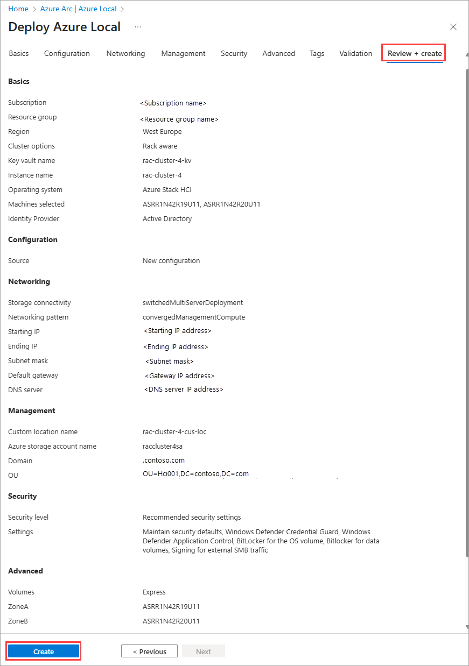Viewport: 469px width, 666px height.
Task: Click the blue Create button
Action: point(44,651)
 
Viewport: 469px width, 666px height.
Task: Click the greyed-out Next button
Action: point(203,651)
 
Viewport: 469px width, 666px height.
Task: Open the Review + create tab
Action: point(415,53)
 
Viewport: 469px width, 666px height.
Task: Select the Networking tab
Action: point(125,53)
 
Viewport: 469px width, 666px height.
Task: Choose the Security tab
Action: point(234,53)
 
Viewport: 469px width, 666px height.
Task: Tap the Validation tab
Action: point(355,53)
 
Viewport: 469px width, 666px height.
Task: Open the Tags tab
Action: point(317,53)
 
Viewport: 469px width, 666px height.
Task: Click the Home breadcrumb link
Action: point(18,9)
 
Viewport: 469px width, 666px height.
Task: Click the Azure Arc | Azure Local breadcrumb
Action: point(78,9)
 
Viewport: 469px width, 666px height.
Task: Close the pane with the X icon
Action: point(453,27)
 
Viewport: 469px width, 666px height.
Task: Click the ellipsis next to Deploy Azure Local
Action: point(138,26)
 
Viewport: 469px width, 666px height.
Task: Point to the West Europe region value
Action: point(162,132)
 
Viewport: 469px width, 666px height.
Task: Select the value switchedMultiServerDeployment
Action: point(193,303)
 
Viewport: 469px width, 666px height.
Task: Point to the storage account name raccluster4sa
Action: point(163,447)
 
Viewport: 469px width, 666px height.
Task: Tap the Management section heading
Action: point(32,410)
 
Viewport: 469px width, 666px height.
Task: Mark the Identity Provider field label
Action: point(34,219)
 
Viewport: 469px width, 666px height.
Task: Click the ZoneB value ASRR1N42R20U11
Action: point(171,621)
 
